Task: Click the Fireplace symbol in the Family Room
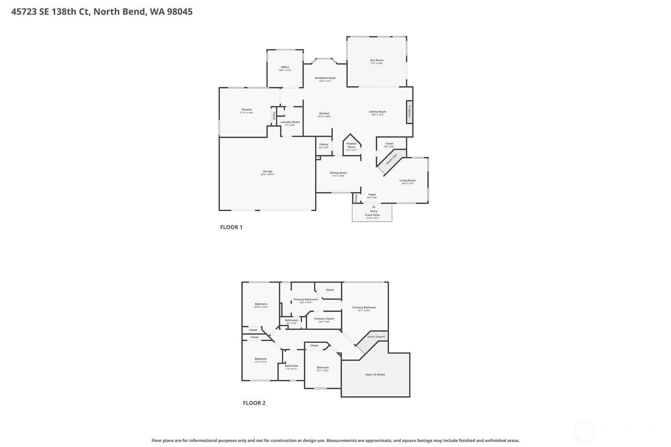click(410, 112)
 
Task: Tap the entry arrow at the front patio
click(374, 207)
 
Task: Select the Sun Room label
click(376, 60)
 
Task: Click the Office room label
click(285, 67)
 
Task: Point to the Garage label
click(268, 172)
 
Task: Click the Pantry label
click(324, 145)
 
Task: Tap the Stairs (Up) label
click(391, 159)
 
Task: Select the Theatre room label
click(247, 110)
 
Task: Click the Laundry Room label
click(290, 122)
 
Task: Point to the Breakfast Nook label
click(325, 78)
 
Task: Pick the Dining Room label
click(338, 173)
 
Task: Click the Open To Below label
click(375, 374)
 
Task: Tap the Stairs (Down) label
click(376, 337)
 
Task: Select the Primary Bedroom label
click(364, 307)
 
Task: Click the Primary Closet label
click(324, 319)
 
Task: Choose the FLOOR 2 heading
click(254, 403)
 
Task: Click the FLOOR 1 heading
click(231, 227)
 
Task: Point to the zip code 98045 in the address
click(180, 11)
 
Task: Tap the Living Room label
click(408, 181)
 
